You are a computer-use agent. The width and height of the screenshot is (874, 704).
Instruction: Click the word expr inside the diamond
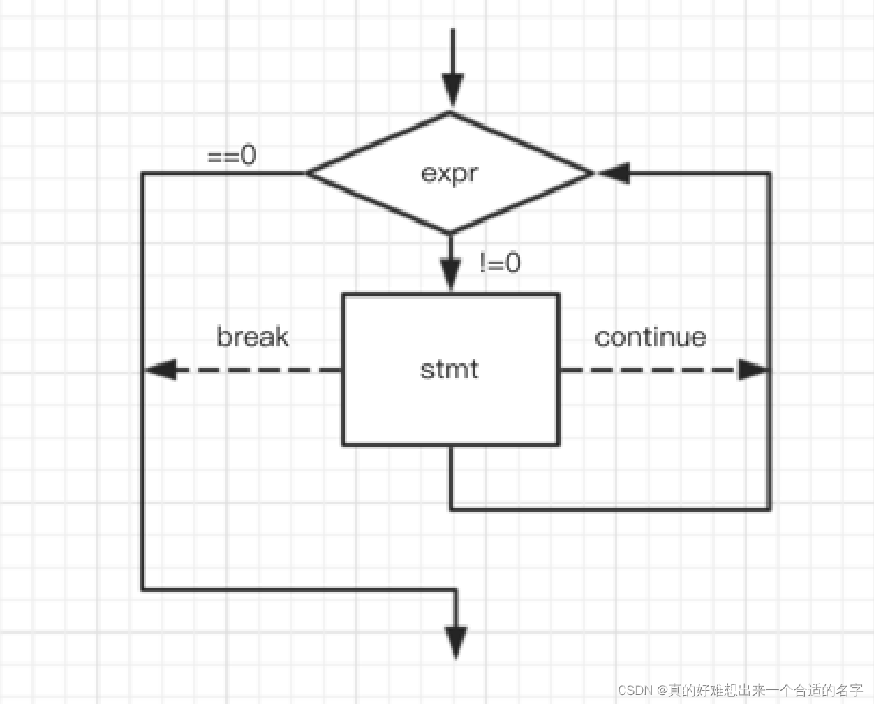450,173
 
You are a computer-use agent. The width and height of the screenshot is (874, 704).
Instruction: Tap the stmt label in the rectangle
450,369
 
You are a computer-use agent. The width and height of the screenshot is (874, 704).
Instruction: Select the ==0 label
232,156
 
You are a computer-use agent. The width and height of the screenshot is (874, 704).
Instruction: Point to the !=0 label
500,263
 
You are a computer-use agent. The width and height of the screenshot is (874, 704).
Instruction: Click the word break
253,337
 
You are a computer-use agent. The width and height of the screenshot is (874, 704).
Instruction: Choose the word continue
650,338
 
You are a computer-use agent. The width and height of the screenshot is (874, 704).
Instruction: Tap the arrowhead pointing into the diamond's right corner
614,173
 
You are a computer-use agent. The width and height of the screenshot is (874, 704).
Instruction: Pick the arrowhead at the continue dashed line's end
753,369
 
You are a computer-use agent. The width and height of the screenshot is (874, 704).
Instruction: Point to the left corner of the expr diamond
307,173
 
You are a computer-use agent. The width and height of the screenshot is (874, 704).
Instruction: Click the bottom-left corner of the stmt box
343,444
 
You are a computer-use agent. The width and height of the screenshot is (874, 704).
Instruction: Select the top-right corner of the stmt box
558,294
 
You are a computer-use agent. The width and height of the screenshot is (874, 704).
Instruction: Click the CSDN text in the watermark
635,690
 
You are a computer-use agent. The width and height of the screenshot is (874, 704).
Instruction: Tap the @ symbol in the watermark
662,690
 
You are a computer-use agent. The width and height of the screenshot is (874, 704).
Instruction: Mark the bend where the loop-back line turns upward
769,510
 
